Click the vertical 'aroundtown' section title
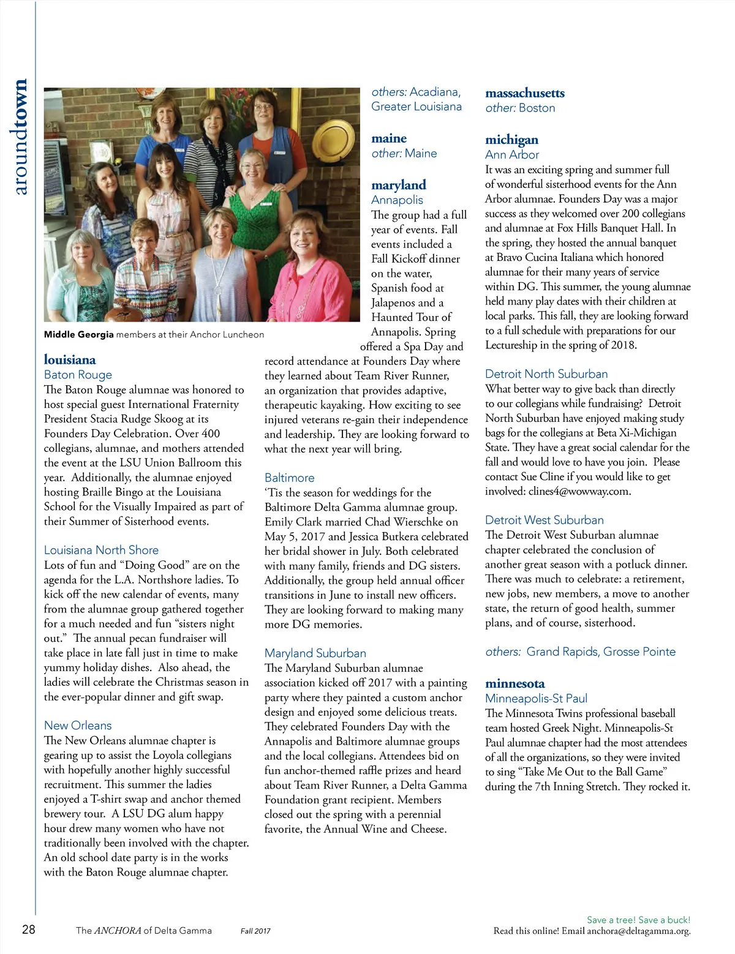20,137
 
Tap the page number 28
28,930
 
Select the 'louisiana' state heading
70,359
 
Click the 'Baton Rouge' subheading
78,375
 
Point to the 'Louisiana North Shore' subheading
101,550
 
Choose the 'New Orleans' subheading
78,726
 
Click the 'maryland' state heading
398,185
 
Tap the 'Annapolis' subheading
397,200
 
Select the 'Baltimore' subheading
289,478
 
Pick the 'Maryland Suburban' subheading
315,653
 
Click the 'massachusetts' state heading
524,93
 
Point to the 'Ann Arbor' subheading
512,155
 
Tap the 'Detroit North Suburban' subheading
546,374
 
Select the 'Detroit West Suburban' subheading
544,520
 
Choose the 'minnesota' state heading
514,683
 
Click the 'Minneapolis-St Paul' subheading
536,699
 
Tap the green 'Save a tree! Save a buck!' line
638,920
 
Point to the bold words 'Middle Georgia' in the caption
78,335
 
